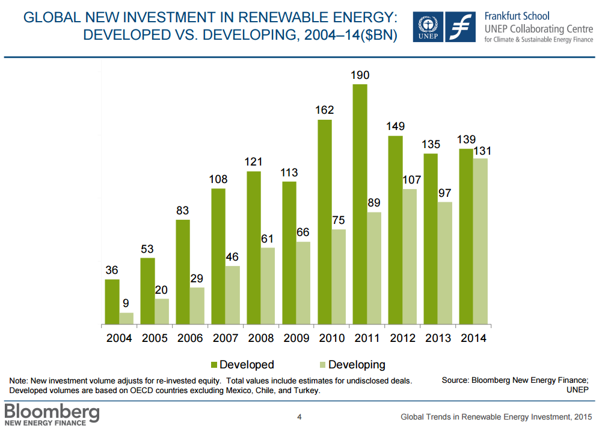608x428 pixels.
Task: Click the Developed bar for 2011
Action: coord(360,205)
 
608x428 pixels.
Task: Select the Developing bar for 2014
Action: coord(481,241)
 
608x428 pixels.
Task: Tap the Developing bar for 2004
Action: coord(126,318)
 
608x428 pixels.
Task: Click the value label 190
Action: coord(360,75)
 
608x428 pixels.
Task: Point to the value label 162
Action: coord(324,110)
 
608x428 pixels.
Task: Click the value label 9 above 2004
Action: coord(126,303)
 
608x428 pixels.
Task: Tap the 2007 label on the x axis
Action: coord(226,338)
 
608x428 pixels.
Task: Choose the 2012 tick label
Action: coord(402,338)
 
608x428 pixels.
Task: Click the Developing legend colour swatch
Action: coord(321,365)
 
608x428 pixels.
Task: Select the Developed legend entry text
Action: coord(247,365)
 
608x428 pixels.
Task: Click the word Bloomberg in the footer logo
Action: coord(52,412)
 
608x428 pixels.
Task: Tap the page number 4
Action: coord(299,417)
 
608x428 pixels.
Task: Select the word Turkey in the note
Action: coord(305,391)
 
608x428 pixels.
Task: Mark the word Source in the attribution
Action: coord(455,380)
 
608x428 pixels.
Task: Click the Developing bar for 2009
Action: coord(303,283)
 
